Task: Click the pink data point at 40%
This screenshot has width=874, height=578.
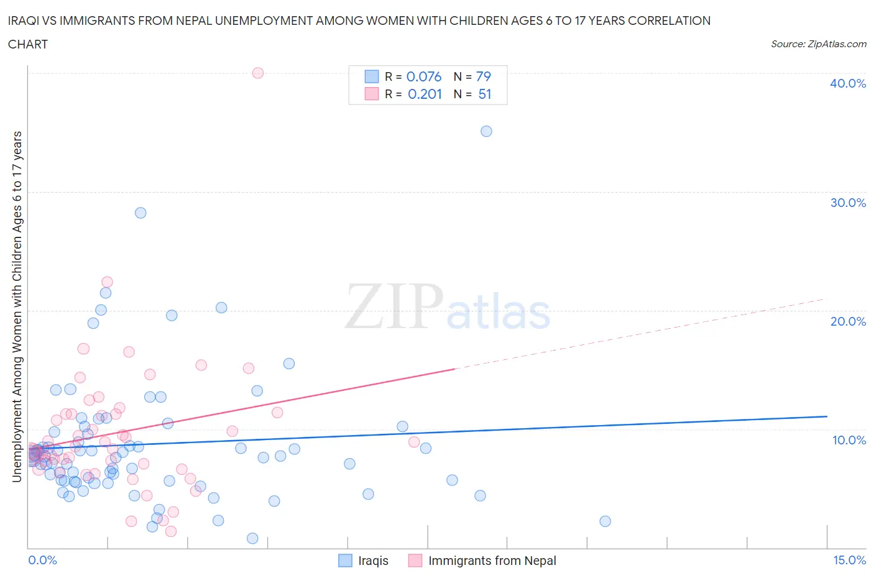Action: click(x=258, y=73)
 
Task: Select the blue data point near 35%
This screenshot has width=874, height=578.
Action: click(x=486, y=131)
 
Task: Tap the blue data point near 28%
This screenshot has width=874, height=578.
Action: click(x=140, y=213)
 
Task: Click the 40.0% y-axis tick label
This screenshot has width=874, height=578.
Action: click(x=847, y=83)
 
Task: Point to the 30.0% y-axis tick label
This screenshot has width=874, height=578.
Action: click(x=847, y=203)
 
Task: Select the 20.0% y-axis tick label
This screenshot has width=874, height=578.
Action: click(x=847, y=321)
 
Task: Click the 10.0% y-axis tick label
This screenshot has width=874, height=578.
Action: click(x=849, y=440)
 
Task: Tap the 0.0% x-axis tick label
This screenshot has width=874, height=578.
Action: click(x=42, y=560)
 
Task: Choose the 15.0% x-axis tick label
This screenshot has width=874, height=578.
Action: click(x=849, y=560)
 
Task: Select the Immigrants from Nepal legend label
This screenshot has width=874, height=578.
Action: click(x=492, y=561)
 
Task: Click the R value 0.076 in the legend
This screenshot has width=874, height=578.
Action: click(x=423, y=76)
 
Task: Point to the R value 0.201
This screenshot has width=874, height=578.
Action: click(x=425, y=94)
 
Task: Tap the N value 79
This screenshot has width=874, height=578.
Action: click(x=484, y=76)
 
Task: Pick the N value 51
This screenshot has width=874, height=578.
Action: click(x=485, y=94)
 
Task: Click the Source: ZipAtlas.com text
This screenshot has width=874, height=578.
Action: click(x=818, y=44)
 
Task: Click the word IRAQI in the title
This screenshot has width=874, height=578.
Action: click(x=24, y=21)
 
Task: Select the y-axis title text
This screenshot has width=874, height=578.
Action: click(x=17, y=307)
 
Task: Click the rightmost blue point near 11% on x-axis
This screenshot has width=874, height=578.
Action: click(x=605, y=521)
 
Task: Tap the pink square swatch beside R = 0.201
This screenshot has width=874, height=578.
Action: click(x=371, y=94)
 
